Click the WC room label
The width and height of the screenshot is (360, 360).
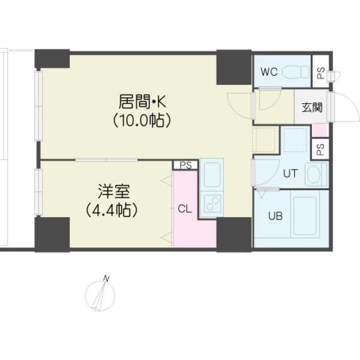(x=269, y=72)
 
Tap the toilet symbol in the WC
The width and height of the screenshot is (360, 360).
(x=295, y=71)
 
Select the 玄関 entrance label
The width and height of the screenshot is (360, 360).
(x=312, y=107)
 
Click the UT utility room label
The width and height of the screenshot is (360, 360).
(x=290, y=173)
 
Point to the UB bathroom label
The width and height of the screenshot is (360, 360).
(x=275, y=216)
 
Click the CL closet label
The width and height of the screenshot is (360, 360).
(x=185, y=209)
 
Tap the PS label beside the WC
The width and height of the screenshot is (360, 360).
(x=321, y=73)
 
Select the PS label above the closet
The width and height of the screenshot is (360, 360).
(x=185, y=166)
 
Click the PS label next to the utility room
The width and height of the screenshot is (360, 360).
(x=320, y=149)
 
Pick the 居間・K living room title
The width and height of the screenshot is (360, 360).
(x=142, y=102)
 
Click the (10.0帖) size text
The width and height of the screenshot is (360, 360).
(x=142, y=121)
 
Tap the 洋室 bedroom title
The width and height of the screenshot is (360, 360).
(x=114, y=191)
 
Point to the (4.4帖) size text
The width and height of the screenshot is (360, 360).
(x=112, y=210)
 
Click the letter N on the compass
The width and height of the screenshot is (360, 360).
(x=106, y=279)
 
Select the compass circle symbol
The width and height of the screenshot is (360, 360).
(x=100, y=296)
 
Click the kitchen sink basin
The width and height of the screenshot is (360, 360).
(x=212, y=175)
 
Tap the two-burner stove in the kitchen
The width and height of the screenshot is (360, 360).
(x=212, y=203)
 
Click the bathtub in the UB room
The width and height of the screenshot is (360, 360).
(x=305, y=216)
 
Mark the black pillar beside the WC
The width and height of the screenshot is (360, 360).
(x=234, y=67)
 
